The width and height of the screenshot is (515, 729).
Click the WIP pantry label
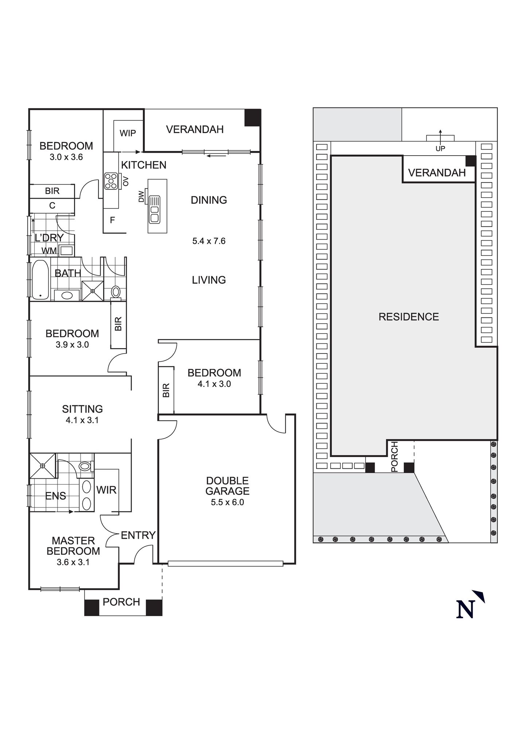tap(128, 133)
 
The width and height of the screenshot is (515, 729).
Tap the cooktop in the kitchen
tap(111, 181)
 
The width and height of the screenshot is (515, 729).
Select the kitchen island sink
tap(155, 210)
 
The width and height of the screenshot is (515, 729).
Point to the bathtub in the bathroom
tap(40, 280)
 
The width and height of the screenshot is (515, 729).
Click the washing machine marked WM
tap(66, 251)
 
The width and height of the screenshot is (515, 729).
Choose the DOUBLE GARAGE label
tap(227, 486)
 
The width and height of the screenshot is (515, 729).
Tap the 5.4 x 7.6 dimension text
tap(209, 241)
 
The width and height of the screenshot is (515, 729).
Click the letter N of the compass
tap(465, 609)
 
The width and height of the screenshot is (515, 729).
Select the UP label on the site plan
tap(440, 149)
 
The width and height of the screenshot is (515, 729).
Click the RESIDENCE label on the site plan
tap(409, 317)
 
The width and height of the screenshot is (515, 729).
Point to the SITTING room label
tap(82, 409)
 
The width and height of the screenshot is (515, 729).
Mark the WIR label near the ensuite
tap(106, 490)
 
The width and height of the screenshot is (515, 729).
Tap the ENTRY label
tap(138, 535)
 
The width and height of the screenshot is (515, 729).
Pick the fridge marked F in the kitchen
tap(112, 220)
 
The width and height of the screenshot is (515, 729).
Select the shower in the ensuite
tap(43, 466)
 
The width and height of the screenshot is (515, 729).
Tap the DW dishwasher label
tap(141, 197)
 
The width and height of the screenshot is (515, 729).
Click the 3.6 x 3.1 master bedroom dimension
tap(73, 562)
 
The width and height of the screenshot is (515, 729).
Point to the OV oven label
tap(126, 181)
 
